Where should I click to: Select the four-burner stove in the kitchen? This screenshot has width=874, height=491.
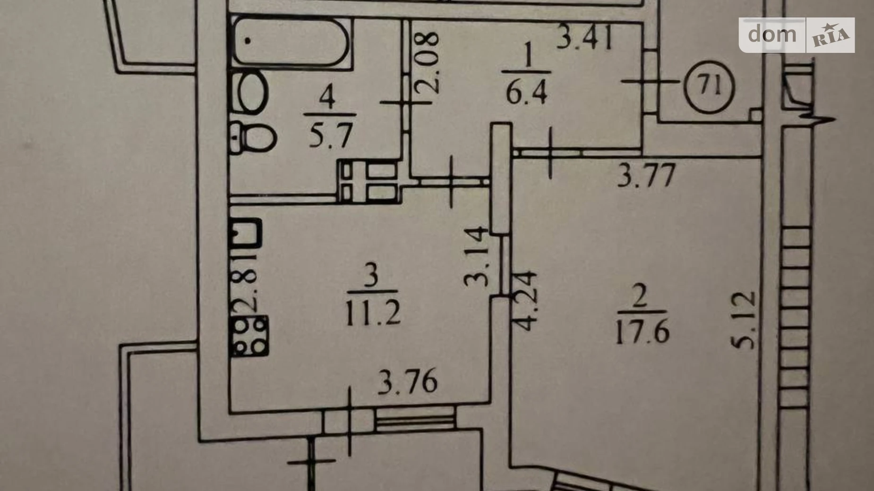248,336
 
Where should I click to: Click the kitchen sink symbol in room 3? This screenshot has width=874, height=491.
245,233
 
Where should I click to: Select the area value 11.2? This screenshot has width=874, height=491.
373,313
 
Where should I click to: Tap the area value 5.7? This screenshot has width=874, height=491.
331,136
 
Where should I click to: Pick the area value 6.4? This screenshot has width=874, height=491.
527,92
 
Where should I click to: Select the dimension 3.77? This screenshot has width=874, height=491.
647,176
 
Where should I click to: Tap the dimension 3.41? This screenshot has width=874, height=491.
585,38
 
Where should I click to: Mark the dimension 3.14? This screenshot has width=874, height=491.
476,257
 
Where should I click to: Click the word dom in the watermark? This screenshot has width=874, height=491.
772,34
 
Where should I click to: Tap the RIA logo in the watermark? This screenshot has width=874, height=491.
830,35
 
